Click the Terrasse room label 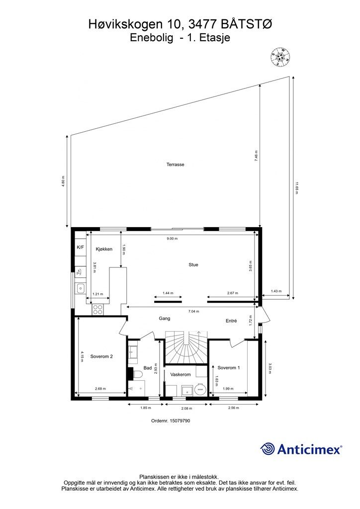[176, 165]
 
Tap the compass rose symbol [280, 58]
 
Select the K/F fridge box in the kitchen [80, 248]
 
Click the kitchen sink [80, 288]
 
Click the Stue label [193, 265]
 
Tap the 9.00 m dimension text [172, 239]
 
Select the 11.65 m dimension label [296, 188]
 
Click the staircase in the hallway [186, 347]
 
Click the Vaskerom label [180, 375]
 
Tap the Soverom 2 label [101, 356]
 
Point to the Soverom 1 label [229, 368]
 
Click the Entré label [231, 321]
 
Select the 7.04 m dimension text [194, 311]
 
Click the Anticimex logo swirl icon [268, 449]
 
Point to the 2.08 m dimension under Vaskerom [186, 409]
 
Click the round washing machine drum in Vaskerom [200, 389]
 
